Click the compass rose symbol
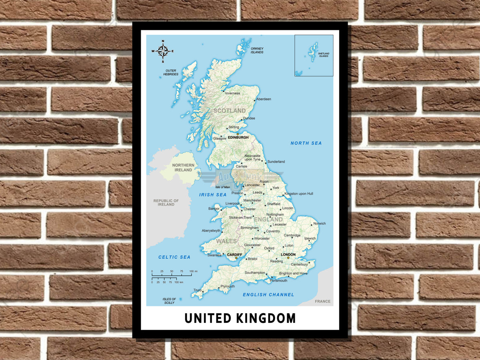(x=163, y=51)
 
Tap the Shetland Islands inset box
(x=314, y=55)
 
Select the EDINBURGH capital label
(x=238, y=138)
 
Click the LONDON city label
(x=288, y=254)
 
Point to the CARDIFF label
(x=235, y=254)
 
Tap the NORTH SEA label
(x=306, y=143)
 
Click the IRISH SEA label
(x=213, y=195)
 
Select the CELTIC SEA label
(x=174, y=257)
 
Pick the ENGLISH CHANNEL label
(x=268, y=295)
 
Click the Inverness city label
(x=232, y=94)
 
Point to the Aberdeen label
(x=264, y=99)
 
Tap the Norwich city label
(x=320, y=224)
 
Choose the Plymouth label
(x=228, y=286)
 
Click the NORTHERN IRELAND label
(x=183, y=168)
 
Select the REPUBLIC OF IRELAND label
(x=166, y=202)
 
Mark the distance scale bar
(x=172, y=276)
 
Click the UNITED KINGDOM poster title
(x=240, y=318)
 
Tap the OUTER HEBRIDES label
(x=170, y=72)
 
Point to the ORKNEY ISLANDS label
(x=257, y=50)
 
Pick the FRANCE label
(x=322, y=301)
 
